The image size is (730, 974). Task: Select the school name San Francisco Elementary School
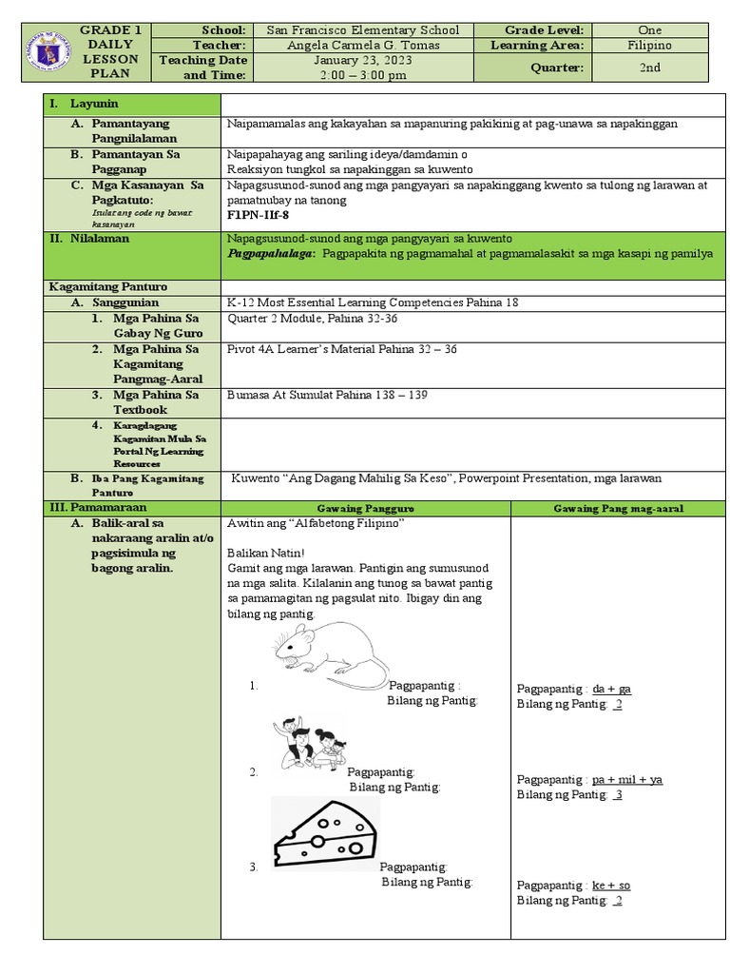pos(362,30)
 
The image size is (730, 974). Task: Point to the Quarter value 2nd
pos(650,68)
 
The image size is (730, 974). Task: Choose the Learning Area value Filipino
pos(650,45)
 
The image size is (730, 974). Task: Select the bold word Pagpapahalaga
pos(271,253)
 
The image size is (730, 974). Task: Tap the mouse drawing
pos(331,654)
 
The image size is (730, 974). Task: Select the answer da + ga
pos(611,689)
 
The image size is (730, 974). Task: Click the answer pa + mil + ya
pos(626,780)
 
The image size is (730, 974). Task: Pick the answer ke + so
pos(611,886)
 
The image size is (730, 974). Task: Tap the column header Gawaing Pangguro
pos(365,509)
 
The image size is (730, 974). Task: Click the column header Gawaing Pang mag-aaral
pos(618,509)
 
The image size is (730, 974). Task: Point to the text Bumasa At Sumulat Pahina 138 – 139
pos(322,395)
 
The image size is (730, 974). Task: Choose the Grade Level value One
pos(650,30)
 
